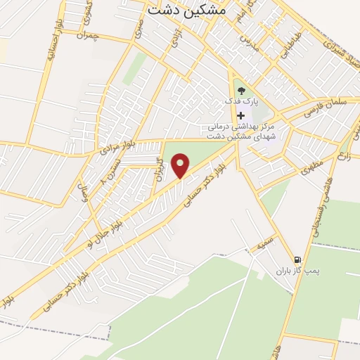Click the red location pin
pyautogui.click(x=181, y=165)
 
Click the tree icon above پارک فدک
pyautogui.click(x=242, y=90)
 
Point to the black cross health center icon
pyautogui.click(x=242, y=115)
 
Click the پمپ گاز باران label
pyautogui.click(x=292, y=271)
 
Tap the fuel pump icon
pyautogui.click(x=298, y=259)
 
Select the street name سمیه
pyautogui.click(x=264, y=245)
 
